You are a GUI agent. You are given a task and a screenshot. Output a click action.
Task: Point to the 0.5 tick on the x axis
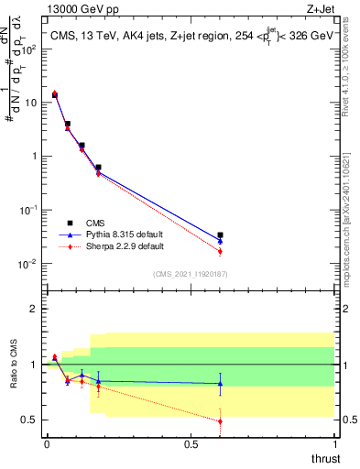point(191,443)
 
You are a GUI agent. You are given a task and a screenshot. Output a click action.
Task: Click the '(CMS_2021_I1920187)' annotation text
point(190,273)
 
